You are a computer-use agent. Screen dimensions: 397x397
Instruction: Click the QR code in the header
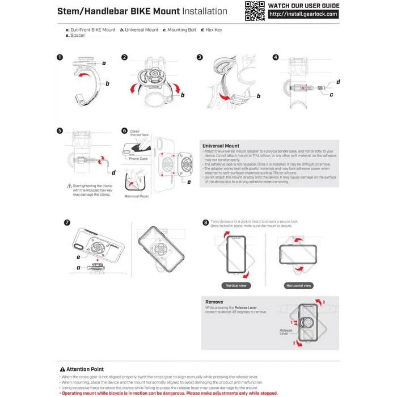pyautogui.click(x=255, y=11)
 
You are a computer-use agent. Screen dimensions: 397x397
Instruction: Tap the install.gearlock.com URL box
pyautogui.click(x=303, y=15)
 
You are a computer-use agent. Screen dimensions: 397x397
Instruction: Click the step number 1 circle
pyautogui.click(x=61, y=58)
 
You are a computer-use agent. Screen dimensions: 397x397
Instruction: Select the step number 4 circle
pyautogui.click(x=276, y=58)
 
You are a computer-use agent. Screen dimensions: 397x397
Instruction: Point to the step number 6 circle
pyautogui.click(x=124, y=130)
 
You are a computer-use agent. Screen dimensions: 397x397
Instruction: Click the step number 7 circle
pyautogui.click(x=67, y=222)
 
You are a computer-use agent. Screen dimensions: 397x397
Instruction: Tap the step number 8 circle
pyautogui.click(x=205, y=223)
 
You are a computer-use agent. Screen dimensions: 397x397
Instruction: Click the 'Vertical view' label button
pyautogui.click(x=236, y=286)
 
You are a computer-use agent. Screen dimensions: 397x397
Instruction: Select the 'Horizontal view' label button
pyautogui.click(x=299, y=286)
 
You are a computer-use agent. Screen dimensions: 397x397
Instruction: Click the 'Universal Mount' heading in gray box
pyautogui.click(x=221, y=146)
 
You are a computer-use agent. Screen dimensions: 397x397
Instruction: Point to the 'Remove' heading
pyautogui.click(x=214, y=302)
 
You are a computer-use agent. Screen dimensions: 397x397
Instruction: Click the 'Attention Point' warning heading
pyautogui.click(x=86, y=369)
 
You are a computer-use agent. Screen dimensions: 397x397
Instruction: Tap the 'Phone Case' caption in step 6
pyautogui.click(x=138, y=159)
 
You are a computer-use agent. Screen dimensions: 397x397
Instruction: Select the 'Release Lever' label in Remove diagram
pyautogui.click(x=285, y=332)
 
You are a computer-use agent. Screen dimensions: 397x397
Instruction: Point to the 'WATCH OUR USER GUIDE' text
pyautogui.click(x=303, y=5)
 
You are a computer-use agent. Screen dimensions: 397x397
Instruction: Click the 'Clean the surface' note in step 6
pyautogui.click(x=139, y=133)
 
